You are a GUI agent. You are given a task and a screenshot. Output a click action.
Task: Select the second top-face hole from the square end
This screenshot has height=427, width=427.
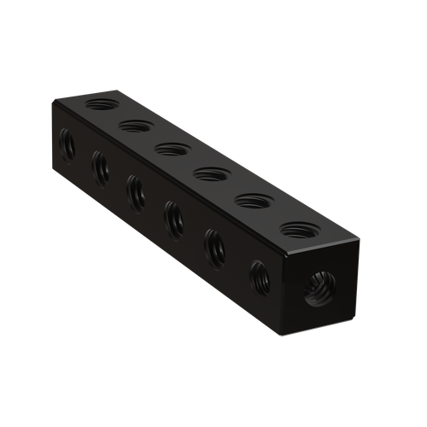tap(252, 202)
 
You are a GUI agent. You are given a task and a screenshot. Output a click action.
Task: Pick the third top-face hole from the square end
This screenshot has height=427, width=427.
tap(208, 175)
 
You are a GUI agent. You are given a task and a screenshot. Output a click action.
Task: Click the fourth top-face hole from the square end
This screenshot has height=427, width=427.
tap(171, 150)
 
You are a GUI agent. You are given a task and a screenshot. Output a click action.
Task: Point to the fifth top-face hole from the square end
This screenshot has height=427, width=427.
tap(136, 127)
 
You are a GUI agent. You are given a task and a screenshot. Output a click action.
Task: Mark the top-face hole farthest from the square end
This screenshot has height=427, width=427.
tap(102, 105)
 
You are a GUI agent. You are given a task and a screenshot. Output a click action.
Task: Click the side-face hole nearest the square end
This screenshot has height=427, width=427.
tap(258, 278)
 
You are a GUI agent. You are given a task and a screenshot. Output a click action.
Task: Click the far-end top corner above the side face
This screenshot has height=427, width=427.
tap(51, 101)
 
